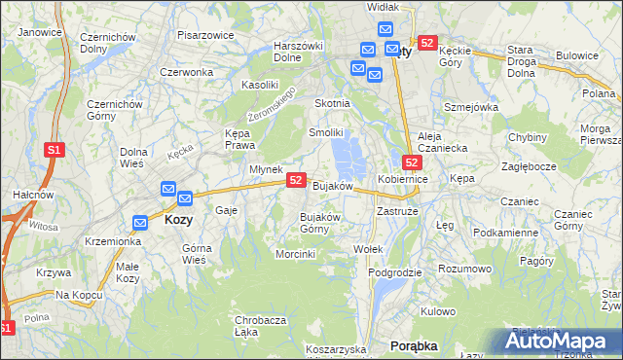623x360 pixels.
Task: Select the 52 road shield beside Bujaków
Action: tap(297, 181)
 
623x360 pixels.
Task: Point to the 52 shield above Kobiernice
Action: tap(412, 162)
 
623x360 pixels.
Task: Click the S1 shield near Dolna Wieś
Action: tap(55, 150)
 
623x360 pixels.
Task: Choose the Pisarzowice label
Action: tap(204, 35)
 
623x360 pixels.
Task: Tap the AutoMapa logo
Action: tap(563, 342)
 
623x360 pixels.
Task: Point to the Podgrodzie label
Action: tap(395, 272)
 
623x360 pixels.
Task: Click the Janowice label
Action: tap(40, 32)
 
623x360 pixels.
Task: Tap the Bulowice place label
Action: tap(578, 55)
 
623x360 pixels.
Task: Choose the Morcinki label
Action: tap(296, 254)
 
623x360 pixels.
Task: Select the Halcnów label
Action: tap(25, 195)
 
